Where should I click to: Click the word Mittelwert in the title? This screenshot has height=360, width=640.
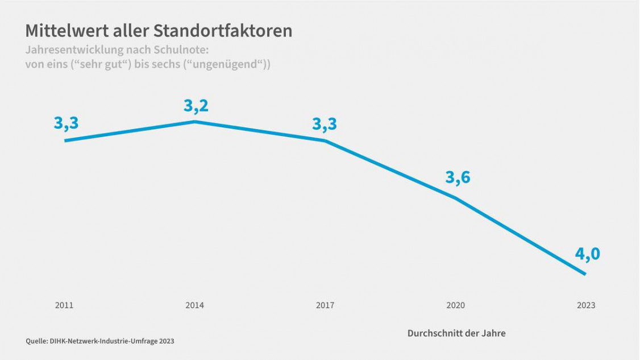tap(63, 31)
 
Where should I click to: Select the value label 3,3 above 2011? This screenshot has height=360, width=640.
tap(66, 123)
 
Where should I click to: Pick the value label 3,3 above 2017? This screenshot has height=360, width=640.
tap(325, 123)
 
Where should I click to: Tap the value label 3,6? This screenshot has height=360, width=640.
tap(458, 177)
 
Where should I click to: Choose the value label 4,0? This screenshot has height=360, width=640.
tap(587, 254)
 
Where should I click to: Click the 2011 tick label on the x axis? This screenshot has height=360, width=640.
tap(64, 305)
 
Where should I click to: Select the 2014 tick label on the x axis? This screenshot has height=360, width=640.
tap(194, 305)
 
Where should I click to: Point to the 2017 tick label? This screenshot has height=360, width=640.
tap(325, 305)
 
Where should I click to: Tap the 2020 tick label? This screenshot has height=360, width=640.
tap(455, 305)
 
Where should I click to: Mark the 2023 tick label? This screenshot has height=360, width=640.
tap(586, 305)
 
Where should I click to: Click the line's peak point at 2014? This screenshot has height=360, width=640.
tap(194, 122)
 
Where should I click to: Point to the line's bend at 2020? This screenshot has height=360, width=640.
tap(455, 198)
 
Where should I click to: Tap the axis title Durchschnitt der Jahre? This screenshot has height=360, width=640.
tap(456, 333)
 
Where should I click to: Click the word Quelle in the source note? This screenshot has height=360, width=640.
tap(35, 341)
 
